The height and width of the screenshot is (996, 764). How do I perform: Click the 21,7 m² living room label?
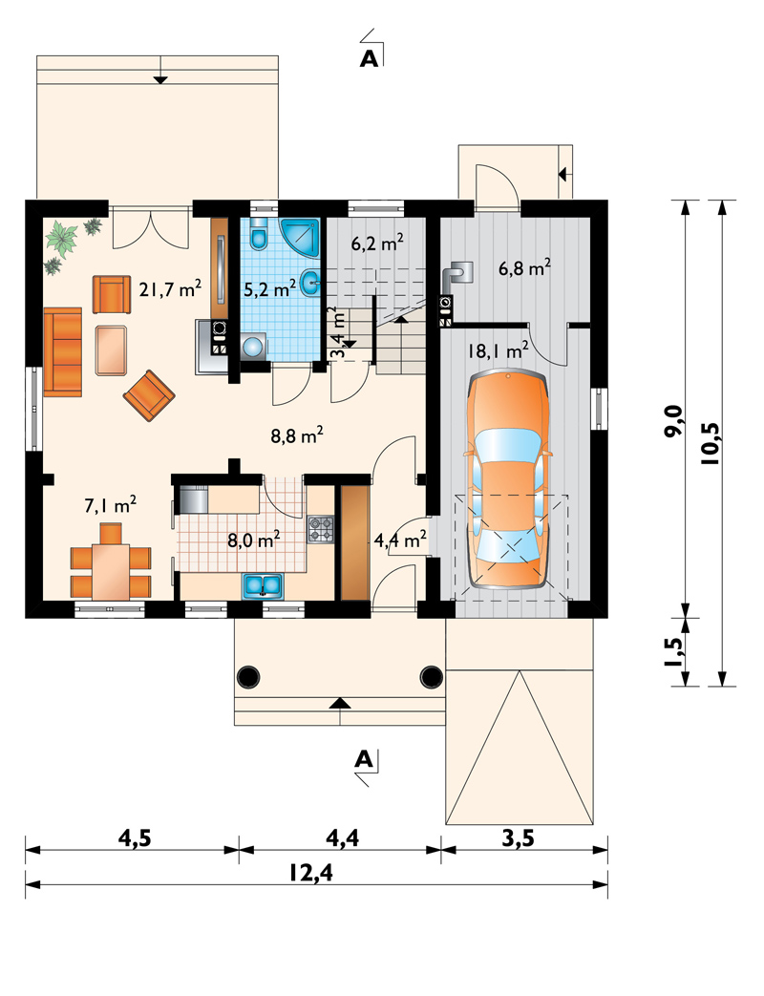point(170,289)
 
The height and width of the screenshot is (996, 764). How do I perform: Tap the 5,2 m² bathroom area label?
point(270,289)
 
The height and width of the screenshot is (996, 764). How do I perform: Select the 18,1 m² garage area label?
point(499,350)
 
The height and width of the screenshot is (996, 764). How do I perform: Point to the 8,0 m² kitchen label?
point(254,540)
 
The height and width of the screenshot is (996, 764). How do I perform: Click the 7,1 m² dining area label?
point(111,505)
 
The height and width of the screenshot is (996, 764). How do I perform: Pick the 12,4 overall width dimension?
point(310,874)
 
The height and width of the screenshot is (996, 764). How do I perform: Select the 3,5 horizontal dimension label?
point(519,838)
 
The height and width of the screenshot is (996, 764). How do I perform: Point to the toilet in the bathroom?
point(259,234)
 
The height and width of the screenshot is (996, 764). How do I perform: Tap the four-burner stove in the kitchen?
point(321,530)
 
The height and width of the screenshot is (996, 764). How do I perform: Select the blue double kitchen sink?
point(262,585)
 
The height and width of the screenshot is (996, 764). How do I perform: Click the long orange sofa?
point(63,352)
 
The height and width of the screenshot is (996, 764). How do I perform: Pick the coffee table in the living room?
point(112,350)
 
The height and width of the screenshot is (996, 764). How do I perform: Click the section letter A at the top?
point(369,58)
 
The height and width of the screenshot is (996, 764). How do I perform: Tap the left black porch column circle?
point(248,676)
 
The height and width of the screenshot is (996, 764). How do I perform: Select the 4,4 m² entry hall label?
point(400,540)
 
